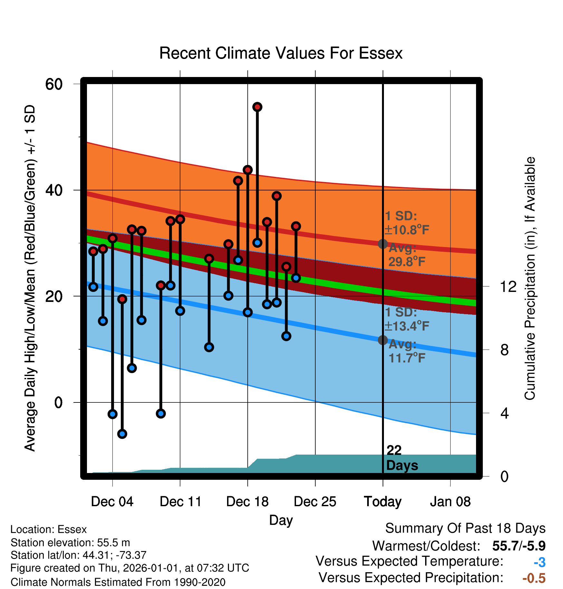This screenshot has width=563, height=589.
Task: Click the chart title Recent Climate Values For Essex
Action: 281,53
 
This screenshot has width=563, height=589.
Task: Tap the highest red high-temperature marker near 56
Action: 257,107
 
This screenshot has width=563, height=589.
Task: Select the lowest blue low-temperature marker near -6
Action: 122,434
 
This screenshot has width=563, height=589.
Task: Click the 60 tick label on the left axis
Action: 54,84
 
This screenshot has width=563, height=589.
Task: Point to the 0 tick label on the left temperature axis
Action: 58,402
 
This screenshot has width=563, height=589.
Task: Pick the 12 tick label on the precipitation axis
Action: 508,286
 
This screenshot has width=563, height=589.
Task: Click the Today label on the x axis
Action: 383,502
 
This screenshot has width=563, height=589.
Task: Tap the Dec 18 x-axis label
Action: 247,502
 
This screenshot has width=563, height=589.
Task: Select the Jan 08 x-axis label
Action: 450,502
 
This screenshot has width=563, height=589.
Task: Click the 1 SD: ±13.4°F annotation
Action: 407,319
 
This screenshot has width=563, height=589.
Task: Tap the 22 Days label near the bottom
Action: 402,458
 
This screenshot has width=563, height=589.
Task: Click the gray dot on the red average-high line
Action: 383,244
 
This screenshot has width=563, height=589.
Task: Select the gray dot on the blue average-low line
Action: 383,340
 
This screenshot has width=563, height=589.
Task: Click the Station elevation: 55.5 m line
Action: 70,543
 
